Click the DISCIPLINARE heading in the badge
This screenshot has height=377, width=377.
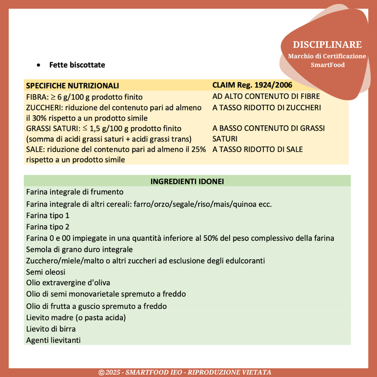pyautogui.click(x=327, y=45)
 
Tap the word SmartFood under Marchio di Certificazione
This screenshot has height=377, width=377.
pyautogui.click(x=327, y=65)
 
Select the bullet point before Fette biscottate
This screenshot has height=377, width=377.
pyautogui.click(x=39, y=65)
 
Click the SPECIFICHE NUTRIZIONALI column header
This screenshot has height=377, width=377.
pyautogui.click(x=73, y=86)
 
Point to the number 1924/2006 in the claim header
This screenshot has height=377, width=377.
pyautogui.click(x=274, y=85)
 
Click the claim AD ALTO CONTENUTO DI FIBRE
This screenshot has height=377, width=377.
pyautogui.click(x=266, y=96)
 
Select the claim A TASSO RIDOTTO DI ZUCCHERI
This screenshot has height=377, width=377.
pyautogui.click(x=266, y=108)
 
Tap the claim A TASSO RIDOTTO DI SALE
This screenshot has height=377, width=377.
pyautogui.click(x=257, y=149)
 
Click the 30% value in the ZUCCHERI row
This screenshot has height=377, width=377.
pyautogui.click(x=38, y=118)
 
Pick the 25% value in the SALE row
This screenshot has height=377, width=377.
pyautogui.click(x=198, y=149)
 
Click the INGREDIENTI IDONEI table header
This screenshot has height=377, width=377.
pyautogui.click(x=187, y=182)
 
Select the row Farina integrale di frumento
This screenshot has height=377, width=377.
pyautogui.click(x=75, y=192)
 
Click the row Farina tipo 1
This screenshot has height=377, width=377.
pyautogui.click(x=48, y=216)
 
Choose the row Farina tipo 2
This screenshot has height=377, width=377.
pyautogui.click(x=48, y=227)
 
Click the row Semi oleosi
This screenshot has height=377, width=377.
pyautogui.click(x=46, y=272)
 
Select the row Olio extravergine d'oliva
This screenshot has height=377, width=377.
pyautogui.click(x=68, y=283)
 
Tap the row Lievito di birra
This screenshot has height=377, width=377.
pyautogui.click(x=51, y=329)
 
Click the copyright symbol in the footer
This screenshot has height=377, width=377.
pyautogui.click(x=101, y=373)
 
